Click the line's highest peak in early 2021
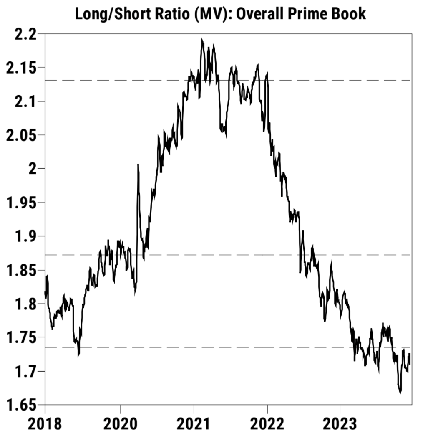click(x=202, y=39)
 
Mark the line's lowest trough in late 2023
click(x=400, y=393)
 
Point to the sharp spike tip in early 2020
click(x=138, y=165)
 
